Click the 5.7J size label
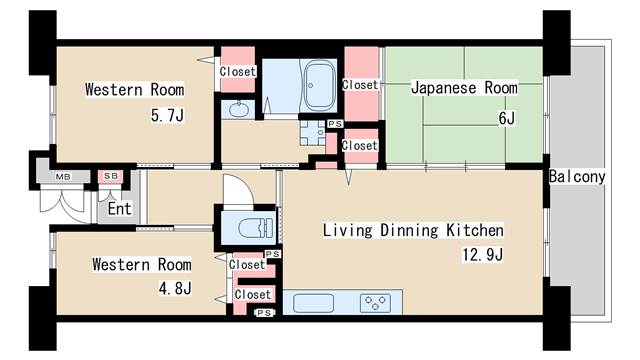167,116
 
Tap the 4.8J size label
173,289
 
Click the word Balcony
577,177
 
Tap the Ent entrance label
119,209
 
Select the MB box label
62,177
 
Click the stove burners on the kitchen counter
376,301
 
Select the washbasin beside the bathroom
239,109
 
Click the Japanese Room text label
464,88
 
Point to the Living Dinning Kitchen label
412,230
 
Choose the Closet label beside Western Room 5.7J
237,71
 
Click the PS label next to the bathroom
334,124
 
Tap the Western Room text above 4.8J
141,265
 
